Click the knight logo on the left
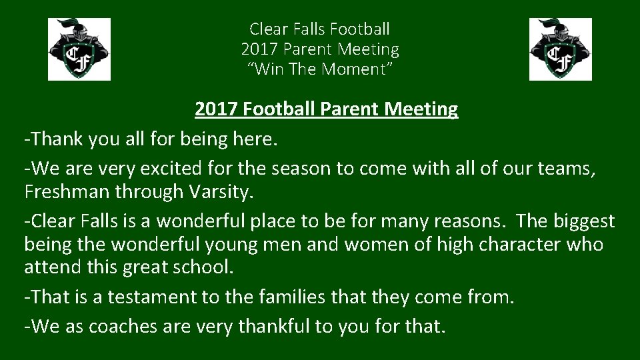pyautogui.click(x=79, y=49)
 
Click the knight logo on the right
pyautogui.click(x=560, y=49)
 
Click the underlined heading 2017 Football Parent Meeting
pyautogui.click(x=326, y=109)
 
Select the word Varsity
pyautogui.click(x=223, y=191)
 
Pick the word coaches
pyautogui.click(x=118, y=327)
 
